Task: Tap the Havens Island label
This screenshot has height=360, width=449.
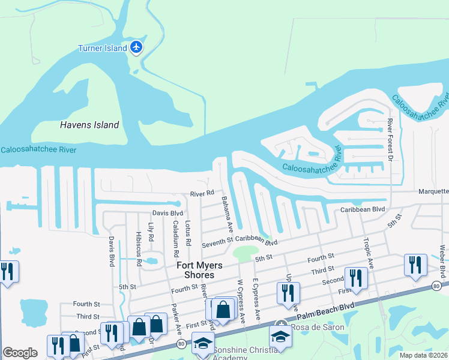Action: (89, 125)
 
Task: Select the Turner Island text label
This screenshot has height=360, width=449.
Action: (103, 48)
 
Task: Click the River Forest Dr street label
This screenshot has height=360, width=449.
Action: (390, 140)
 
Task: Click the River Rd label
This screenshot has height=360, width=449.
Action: (202, 194)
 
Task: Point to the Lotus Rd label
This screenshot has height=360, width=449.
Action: (188, 233)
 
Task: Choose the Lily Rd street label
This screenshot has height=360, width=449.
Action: (151, 233)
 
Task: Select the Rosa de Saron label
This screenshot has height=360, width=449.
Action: (318, 327)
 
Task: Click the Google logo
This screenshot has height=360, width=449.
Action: (20, 353)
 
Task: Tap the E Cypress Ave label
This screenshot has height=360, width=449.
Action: (256, 299)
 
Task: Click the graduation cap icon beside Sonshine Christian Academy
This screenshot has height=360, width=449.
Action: (203, 344)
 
